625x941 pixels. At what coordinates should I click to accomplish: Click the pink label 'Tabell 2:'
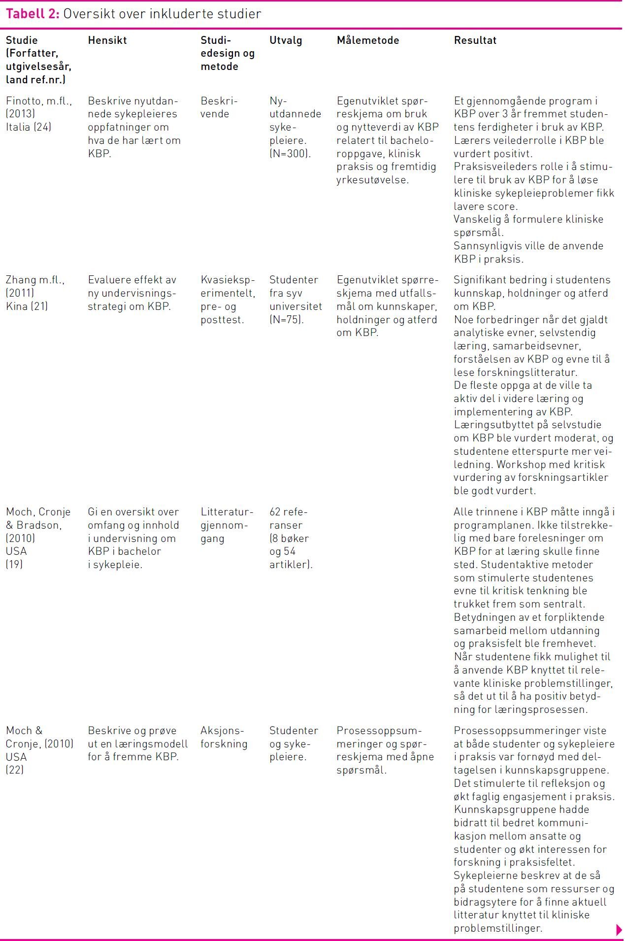33,14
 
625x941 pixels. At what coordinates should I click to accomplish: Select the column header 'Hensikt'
107,40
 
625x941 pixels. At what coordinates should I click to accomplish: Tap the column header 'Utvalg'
286,40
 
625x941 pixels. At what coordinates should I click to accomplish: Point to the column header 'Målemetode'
368,40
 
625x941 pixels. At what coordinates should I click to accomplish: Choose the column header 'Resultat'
475,40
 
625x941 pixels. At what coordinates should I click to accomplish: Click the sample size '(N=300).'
290,153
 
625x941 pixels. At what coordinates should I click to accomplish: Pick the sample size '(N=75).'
287,319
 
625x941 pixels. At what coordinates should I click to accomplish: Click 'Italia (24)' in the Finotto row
29,127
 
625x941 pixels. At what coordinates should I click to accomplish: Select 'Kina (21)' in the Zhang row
27,306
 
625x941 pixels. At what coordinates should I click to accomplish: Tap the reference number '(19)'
14,564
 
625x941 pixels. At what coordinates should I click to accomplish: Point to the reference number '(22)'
15,770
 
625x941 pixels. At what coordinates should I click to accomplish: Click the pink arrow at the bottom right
619,930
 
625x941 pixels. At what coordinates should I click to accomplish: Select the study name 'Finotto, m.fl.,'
39,101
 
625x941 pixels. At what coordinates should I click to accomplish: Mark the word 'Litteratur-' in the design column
227,512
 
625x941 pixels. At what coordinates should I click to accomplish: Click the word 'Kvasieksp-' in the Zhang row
228,280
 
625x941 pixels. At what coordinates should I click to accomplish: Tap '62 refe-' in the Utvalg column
288,512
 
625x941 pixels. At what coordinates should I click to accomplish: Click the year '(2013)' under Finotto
20,114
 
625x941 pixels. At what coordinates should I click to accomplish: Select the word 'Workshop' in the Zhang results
519,464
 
